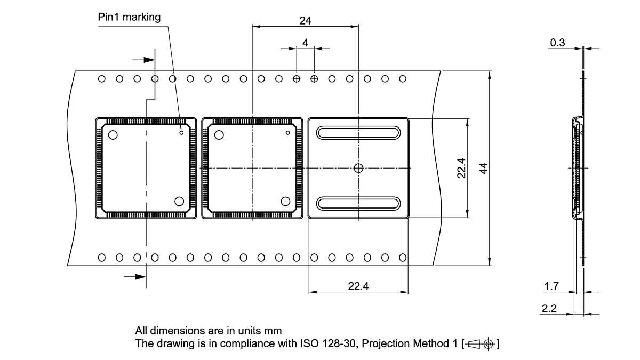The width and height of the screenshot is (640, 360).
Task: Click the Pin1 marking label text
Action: tap(129, 17)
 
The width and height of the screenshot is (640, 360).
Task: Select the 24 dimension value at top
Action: tap(305, 21)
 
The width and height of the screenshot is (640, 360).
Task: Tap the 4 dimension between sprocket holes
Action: tap(305, 42)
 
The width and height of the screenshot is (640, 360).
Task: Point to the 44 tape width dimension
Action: tap(483, 168)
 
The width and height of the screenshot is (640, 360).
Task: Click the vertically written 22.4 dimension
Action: tap(461, 168)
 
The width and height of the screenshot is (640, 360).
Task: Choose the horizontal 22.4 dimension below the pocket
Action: tap(358, 286)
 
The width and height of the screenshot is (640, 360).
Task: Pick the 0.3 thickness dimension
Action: tap(557, 43)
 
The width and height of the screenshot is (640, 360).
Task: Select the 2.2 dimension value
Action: tap(549, 308)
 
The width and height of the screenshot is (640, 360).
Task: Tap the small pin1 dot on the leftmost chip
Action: tap(181, 132)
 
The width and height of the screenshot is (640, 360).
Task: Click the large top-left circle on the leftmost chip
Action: tap(113, 134)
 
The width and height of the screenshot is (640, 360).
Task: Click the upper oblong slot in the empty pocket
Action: tap(358, 132)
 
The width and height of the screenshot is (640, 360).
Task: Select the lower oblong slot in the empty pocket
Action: tap(358, 203)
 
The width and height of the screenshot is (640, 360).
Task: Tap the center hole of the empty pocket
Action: tap(358, 168)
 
